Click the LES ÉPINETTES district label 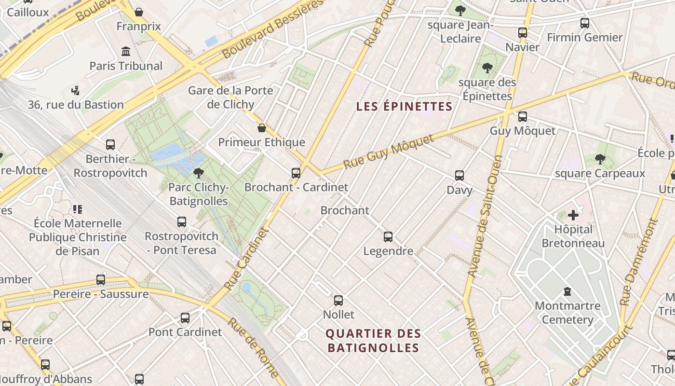(404, 107)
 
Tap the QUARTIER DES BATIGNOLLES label (373, 341)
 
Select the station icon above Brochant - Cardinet (296, 173)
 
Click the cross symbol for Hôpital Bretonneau (573, 215)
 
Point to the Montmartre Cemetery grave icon (567, 291)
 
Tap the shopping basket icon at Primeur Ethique (261, 128)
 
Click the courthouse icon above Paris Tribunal (126, 51)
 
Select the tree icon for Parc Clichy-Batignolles (198, 173)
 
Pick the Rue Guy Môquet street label (389, 152)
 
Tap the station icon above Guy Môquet (522, 117)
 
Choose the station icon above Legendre (388, 237)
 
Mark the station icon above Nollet (338, 301)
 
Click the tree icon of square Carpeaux (600, 159)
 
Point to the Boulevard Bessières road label (273, 29)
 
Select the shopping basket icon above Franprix (139, 12)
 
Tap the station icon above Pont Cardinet (185, 318)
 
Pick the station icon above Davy (459, 176)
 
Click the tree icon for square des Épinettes (487, 68)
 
